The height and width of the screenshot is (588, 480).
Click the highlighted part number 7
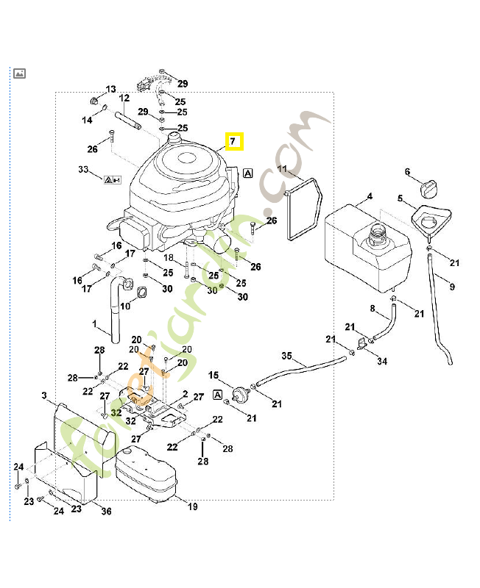click(233, 140)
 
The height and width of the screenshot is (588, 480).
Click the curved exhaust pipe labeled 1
click(115, 309)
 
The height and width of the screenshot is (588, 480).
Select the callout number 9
click(452, 286)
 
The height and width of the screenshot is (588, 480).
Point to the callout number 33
click(83, 171)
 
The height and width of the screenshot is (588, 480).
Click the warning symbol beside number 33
click(112, 179)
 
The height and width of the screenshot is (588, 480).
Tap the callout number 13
click(111, 89)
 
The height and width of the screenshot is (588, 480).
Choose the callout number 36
click(106, 512)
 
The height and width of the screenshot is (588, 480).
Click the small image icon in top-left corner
click(19, 73)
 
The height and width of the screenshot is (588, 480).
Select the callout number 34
click(381, 361)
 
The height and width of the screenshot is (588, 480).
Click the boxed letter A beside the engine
click(248, 173)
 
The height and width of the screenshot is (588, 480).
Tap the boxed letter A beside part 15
click(217, 395)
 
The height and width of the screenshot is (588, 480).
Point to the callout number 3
click(44, 396)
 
